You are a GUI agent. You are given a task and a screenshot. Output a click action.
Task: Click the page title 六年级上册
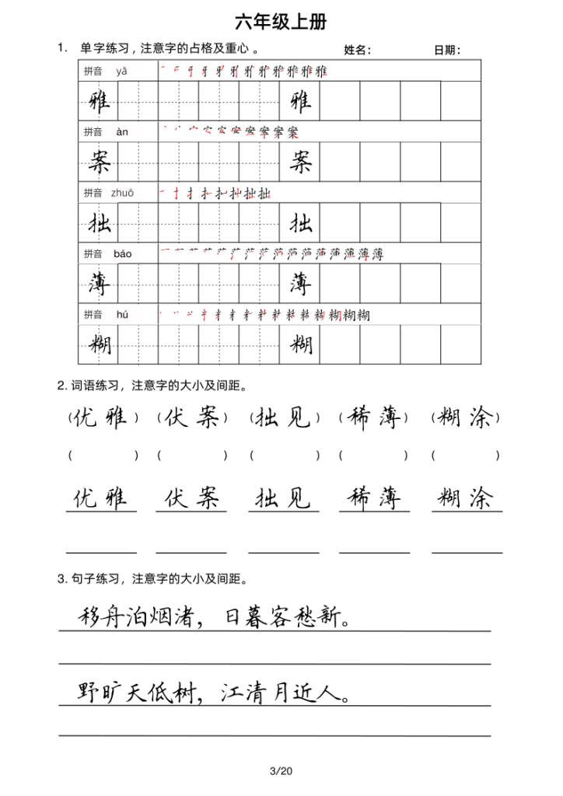pyautogui.click(x=281, y=21)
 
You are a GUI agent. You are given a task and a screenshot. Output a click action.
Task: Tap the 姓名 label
pyautogui.click(x=357, y=51)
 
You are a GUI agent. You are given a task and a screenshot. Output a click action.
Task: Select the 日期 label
pyautogui.click(x=447, y=51)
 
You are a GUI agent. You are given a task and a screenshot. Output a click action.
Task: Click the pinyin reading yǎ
pyautogui.click(x=121, y=71)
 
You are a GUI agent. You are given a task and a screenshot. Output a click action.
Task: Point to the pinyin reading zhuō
pyautogui.click(x=122, y=193)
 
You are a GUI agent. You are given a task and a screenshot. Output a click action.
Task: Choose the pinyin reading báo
pyautogui.click(x=122, y=253)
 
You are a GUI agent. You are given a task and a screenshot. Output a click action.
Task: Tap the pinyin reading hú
pyautogui.click(x=121, y=314)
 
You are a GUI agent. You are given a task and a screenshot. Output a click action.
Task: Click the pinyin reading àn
pyautogui.click(x=121, y=132)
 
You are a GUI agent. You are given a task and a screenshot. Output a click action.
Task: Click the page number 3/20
pyautogui.click(x=280, y=771)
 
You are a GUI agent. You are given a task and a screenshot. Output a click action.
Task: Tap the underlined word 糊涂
pyautogui.click(x=467, y=497)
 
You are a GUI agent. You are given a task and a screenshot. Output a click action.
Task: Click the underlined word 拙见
pyautogui.click(x=283, y=497)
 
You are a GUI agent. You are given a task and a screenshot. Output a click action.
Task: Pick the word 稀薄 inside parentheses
pyautogui.click(x=373, y=418)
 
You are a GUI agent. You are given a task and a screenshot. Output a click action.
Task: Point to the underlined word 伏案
pyautogui.click(x=191, y=497)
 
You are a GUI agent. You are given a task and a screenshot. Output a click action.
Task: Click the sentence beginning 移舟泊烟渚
pyautogui.click(x=215, y=618)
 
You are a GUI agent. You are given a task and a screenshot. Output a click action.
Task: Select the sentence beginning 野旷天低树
pyautogui.click(x=215, y=692)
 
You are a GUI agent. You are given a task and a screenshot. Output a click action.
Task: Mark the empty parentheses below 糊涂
pyautogui.click(x=466, y=456)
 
